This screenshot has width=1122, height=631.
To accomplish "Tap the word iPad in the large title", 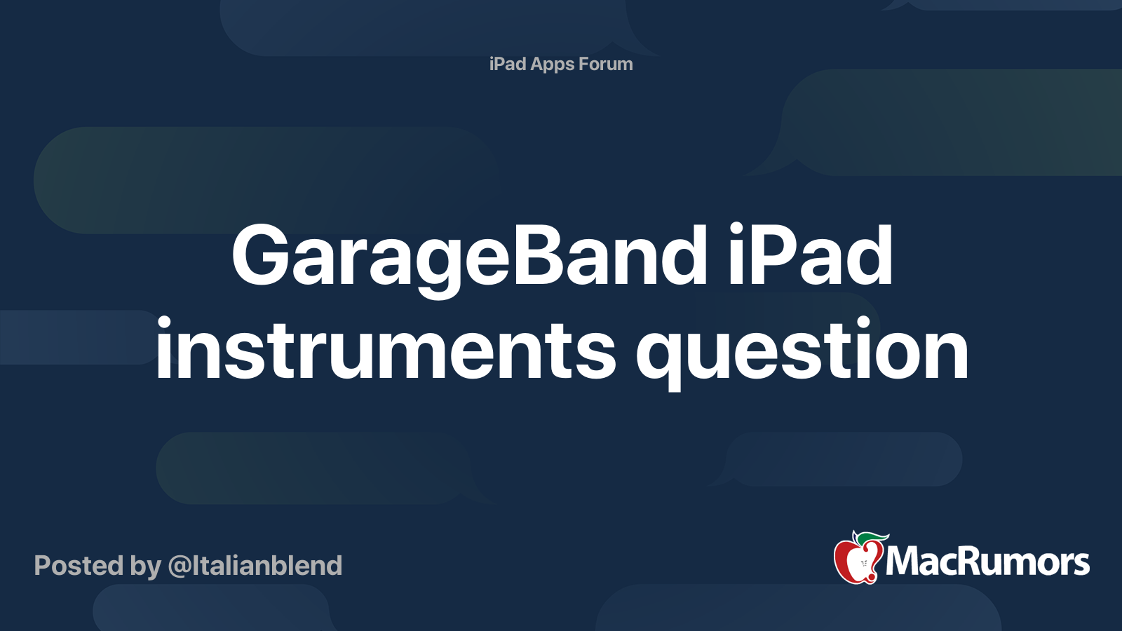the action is point(811,255).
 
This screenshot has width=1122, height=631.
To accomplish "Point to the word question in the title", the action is point(802,353).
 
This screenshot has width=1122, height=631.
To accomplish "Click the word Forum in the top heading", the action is point(606,64).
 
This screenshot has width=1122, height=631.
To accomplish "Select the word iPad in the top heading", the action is point(508,64).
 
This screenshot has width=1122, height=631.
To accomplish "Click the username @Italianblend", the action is point(255,566).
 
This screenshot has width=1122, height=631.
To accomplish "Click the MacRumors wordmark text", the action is point(987,562).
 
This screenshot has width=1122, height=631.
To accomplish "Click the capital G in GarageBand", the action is point(263,255).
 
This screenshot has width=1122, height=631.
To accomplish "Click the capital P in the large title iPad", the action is point(772,255).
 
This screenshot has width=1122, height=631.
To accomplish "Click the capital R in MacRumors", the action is point(968,562).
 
